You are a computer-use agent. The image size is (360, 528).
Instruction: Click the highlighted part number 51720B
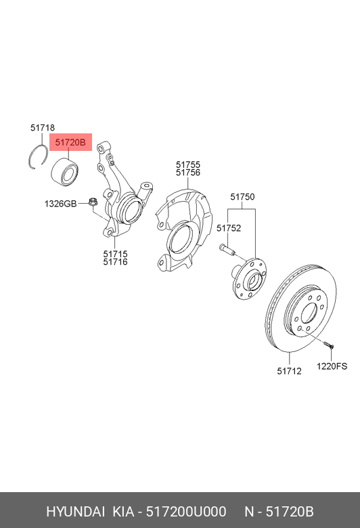coord(70,143)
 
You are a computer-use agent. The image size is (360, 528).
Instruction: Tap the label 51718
coord(43,127)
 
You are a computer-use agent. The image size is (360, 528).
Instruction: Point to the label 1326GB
coord(61,203)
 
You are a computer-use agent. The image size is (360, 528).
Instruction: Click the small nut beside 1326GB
coord(92,201)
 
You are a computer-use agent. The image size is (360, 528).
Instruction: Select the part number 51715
coord(115,254)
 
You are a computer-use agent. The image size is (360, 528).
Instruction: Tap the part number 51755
coord(188,164)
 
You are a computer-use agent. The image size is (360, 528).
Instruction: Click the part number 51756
coord(188,173)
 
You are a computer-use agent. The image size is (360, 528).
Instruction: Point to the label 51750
coord(242,197)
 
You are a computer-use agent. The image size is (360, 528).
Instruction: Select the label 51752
coord(229,228)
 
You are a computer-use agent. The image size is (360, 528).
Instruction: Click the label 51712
coord(289,370)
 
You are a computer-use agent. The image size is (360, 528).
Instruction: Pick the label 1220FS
coord(332,366)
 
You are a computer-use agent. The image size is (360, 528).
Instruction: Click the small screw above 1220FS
coord(328,345)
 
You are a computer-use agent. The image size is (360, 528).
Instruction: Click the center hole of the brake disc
coord(309,314)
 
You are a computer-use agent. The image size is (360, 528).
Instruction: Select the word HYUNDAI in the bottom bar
coord(76,511)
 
